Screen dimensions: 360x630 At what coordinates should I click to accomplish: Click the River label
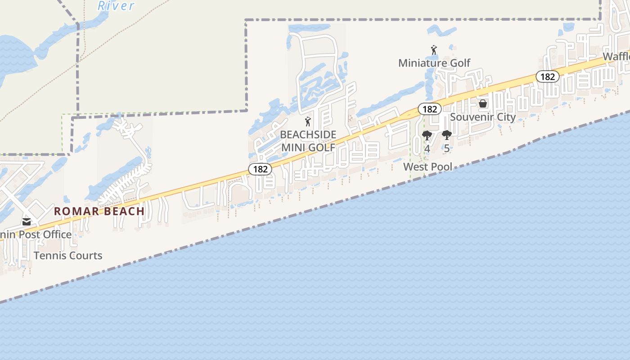[116, 5]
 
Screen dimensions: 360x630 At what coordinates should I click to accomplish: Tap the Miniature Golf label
[434, 63]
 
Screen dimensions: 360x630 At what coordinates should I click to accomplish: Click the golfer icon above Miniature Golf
[434, 49]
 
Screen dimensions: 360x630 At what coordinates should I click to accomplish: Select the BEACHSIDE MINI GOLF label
[308, 141]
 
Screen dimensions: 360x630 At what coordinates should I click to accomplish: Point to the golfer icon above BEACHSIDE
[308, 121]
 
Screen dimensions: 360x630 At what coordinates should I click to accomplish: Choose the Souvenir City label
[483, 117]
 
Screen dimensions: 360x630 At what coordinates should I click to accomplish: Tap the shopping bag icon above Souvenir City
[483, 104]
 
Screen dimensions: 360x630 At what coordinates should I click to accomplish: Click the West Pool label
[428, 167]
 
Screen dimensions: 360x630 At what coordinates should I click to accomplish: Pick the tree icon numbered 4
[427, 135]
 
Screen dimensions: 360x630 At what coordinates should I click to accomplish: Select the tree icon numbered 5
[446, 135]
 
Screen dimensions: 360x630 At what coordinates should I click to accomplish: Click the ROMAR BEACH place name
[99, 211]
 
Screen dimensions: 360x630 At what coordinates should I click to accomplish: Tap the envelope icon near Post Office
[27, 221]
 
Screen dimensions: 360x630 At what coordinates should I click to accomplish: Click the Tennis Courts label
[68, 256]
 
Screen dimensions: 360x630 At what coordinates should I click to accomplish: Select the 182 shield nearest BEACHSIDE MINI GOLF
[260, 169]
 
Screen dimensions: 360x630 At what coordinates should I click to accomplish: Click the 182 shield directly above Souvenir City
[430, 109]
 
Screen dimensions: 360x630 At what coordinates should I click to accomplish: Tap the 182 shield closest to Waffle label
[547, 76]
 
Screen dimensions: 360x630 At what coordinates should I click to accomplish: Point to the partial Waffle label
[616, 57]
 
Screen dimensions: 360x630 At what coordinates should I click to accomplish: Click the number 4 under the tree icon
[427, 148]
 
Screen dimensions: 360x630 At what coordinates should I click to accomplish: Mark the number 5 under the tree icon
[446, 148]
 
